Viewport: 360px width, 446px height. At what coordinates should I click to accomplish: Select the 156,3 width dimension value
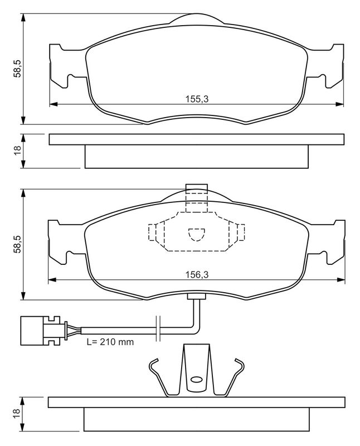pos(196,274)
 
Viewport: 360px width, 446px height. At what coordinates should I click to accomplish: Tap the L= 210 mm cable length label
pos(110,341)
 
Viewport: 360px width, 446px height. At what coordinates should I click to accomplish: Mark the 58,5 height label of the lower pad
pos(17,243)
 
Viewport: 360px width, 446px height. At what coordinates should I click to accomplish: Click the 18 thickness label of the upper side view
pos(17,150)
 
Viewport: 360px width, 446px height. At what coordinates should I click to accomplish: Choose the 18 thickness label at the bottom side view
pos(17,413)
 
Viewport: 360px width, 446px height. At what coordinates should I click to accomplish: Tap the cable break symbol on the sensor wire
pos(158,328)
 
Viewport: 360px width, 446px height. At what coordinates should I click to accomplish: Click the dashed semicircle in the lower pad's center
pos(196,235)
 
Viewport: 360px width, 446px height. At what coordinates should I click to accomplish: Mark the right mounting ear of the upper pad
pos(333,66)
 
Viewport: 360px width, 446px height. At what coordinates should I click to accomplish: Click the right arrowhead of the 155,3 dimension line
pos(340,104)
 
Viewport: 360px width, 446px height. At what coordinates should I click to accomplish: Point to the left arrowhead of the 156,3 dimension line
pos(52,279)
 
